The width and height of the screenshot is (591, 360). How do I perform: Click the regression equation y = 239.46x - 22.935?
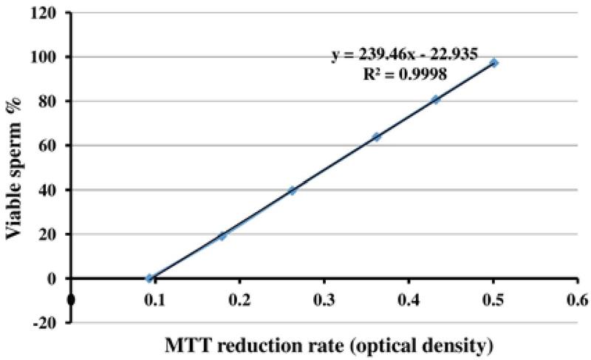point(397,55)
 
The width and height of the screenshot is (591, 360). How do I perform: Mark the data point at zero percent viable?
point(149,279)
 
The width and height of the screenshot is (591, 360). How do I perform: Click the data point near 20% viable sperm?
point(222,236)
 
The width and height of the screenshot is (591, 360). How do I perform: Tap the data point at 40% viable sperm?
point(293,190)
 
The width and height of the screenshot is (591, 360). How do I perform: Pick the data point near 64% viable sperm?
point(376,137)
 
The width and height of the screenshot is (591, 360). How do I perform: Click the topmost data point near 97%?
point(494,63)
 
